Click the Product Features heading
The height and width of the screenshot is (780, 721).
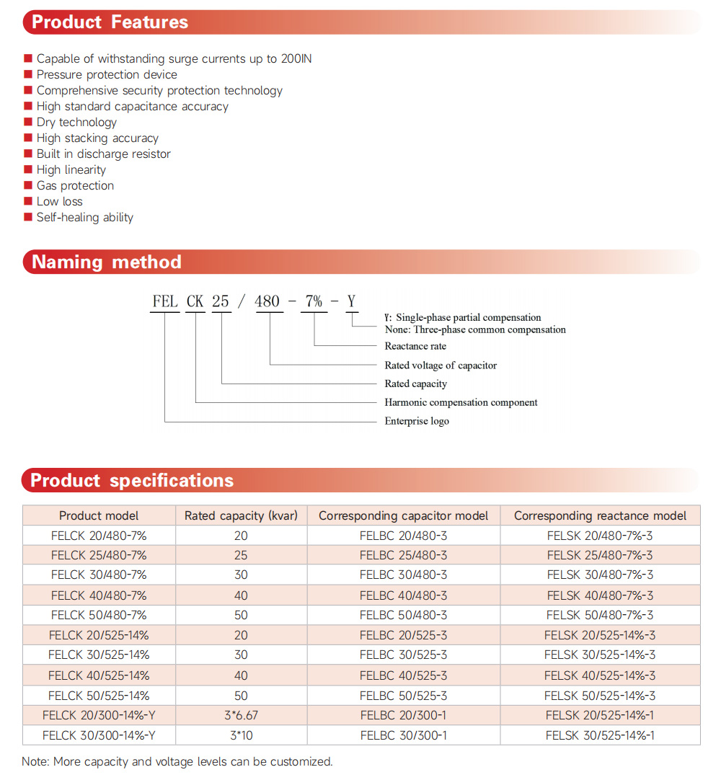tap(110, 22)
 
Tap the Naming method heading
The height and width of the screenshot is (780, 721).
tap(106, 262)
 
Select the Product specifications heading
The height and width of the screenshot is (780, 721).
tap(132, 481)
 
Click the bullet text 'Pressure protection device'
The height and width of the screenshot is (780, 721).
tap(107, 74)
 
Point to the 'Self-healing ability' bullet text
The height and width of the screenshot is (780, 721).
tap(85, 217)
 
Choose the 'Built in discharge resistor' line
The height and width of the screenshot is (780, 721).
tap(104, 154)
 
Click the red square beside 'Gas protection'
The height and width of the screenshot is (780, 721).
tap(28, 185)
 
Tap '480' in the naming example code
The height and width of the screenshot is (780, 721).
tap(267, 301)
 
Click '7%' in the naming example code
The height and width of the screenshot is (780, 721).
tap(314, 301)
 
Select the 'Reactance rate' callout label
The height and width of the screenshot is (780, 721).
tap(415, 346)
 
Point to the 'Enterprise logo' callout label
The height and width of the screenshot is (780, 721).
tap(417, 421)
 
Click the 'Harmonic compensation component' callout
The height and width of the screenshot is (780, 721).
tap(461, 402)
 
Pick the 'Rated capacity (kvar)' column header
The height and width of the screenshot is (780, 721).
tap(241, 515)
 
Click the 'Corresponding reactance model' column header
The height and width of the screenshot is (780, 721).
tap(600, 515)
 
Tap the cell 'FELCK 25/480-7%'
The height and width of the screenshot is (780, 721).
tap(99, 555)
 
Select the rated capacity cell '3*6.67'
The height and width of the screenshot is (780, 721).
tap(241, 715)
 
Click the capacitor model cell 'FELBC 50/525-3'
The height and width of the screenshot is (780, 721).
tap(403, 696)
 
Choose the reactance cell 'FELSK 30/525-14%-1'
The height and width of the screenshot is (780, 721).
tap(600, 735)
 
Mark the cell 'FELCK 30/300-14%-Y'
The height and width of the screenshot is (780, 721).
tap(99, 735)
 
